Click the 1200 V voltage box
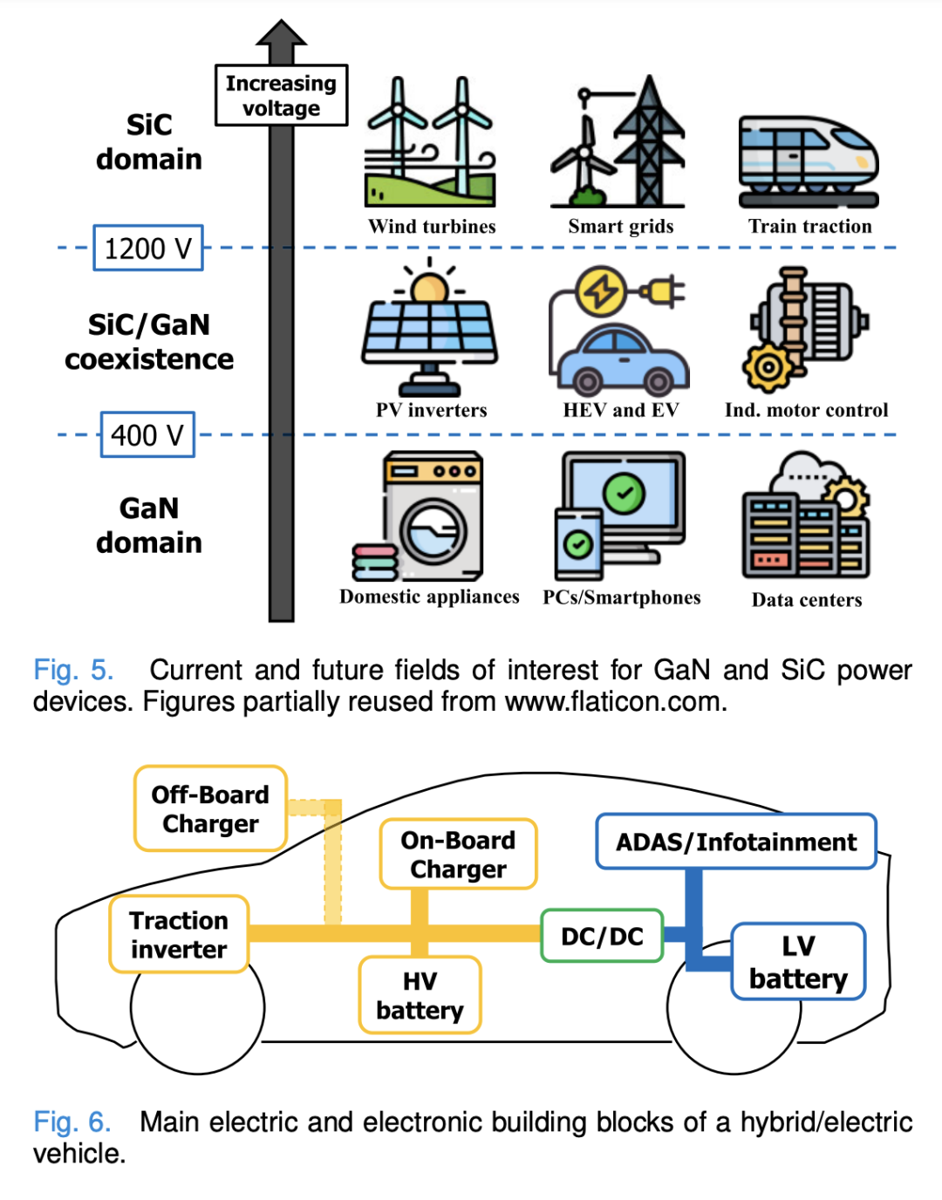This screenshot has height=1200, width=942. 148,249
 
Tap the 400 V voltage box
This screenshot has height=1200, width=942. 147,434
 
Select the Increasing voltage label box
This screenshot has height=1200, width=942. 281,95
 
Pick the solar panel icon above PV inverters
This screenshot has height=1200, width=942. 430,329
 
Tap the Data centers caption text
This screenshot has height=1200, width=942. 807,600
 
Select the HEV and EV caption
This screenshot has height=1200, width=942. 621,410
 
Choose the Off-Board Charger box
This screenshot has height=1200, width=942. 210,808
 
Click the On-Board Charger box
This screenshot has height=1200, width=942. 458,854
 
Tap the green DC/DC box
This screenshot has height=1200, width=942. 602,936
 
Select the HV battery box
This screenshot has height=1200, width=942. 420,995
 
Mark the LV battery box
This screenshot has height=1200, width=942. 798,962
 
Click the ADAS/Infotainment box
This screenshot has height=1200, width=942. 735,842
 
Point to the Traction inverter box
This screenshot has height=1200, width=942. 179,934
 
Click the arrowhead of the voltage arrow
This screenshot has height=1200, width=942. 281,33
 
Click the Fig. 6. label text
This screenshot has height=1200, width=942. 72,1122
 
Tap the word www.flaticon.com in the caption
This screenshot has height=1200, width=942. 613,701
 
